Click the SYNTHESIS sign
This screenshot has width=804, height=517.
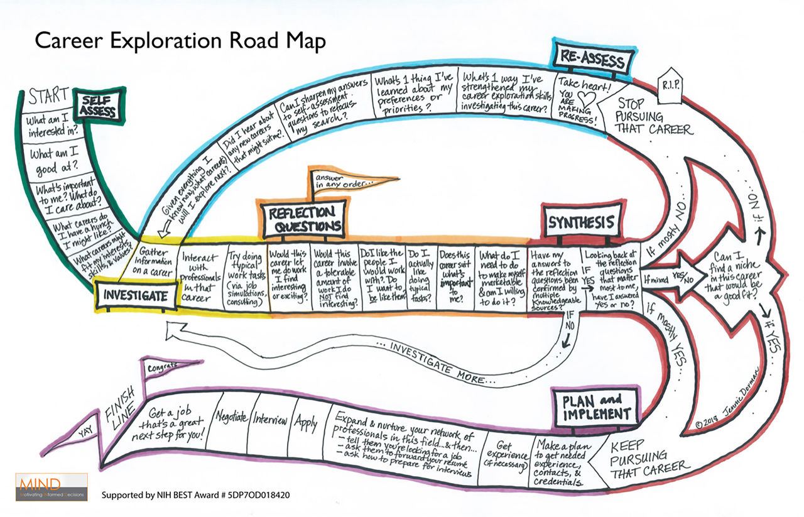pyautogui.click(x=582, y=222)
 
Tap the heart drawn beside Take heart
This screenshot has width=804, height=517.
pyautogui.click(x=585, y=99)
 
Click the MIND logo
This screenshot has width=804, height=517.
pyautogui.click(x=52, y=486)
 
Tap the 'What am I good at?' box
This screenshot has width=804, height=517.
pyautogui.click(x=53, y=161)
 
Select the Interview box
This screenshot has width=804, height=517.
pyautogui.click(x=270, y=421)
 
